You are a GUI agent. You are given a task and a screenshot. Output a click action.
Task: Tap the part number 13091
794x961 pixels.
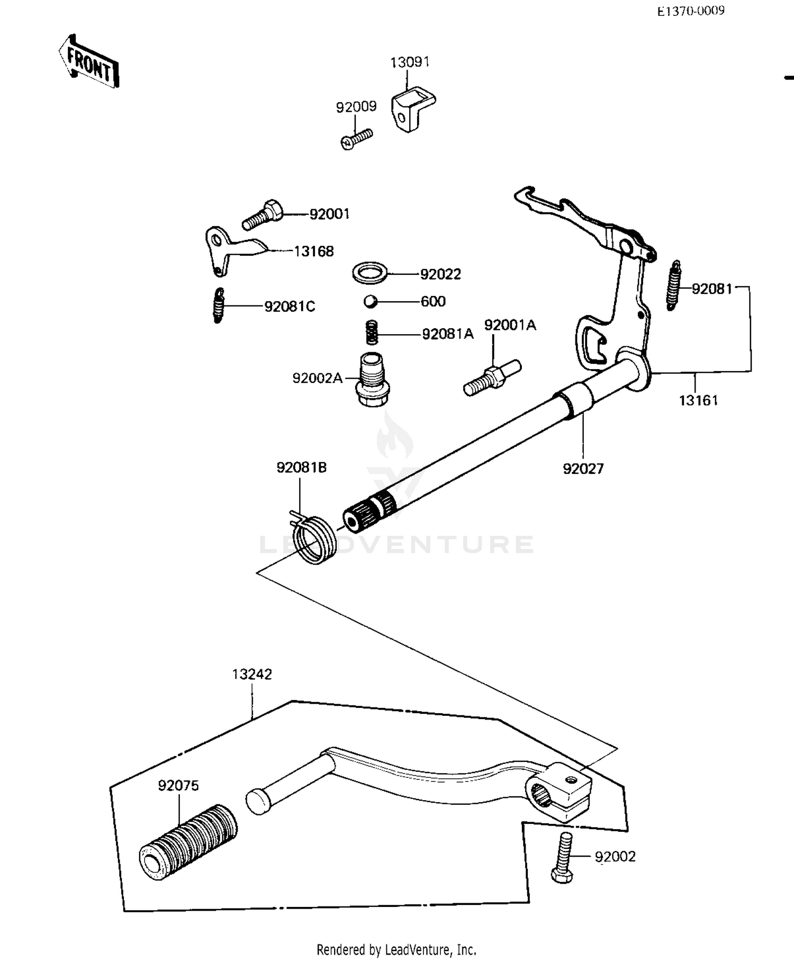click(x=410, y=62)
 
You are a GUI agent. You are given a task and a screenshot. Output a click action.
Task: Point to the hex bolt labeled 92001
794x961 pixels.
click(x=263, y=215)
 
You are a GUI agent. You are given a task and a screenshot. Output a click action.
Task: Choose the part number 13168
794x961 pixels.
click(x=314, y=252)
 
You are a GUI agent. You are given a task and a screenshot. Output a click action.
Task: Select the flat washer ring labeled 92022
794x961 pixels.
click(x=369, y=273)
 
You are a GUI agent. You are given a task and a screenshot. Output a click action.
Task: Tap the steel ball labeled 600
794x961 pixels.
click(x=369, y=302)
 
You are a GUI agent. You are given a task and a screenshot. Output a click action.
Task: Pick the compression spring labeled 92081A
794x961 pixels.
click(x=372, y=333)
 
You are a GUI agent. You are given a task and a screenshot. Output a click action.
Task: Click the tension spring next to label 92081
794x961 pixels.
click(x=673, y=286)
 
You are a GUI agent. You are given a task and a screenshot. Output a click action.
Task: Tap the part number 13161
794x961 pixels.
click(x=698, y=400)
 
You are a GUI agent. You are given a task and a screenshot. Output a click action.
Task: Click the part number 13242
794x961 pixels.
click(x=252, y=675)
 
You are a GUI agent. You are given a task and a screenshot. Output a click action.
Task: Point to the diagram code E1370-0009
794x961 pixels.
click(x=690, y=11)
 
